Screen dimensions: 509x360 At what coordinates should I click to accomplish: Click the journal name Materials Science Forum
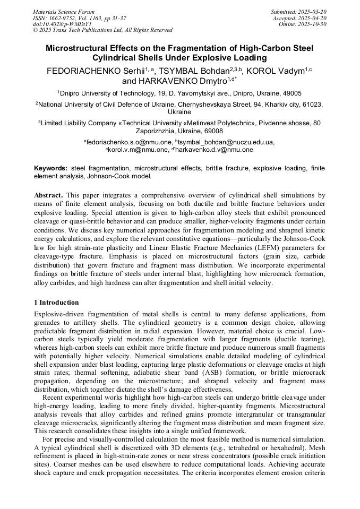click(x=64, y=12)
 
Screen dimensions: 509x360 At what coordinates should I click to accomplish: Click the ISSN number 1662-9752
click(x=65, y=18)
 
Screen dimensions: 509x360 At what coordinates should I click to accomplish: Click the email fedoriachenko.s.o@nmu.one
click(x=129, y=142)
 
